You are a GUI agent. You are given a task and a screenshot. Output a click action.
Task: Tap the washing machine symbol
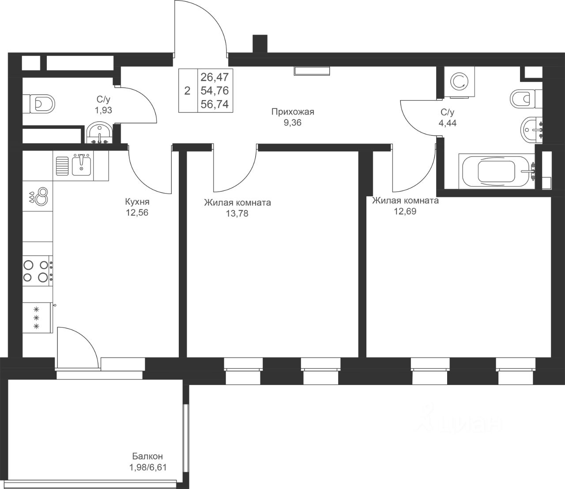click(460, 82)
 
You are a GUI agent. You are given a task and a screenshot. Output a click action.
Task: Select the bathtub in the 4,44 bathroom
click(497, 171)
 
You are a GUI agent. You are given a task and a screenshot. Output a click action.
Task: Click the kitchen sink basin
click(81, 165)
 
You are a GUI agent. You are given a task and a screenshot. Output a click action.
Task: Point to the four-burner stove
click(38, 271)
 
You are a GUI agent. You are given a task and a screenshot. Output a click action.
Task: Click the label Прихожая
click(293, 112)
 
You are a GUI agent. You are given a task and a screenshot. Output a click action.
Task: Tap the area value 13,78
click(237, 213)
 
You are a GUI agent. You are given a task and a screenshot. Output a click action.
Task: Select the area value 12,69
click(405, 211)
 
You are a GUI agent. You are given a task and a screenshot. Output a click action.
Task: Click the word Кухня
click(137, 202)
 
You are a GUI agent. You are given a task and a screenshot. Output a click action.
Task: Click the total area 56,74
click(215, 104)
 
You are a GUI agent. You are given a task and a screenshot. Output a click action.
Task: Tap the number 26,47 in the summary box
click(215, 77)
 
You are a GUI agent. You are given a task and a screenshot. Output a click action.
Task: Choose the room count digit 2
click(187, 91)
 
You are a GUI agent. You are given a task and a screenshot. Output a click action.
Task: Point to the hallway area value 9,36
click(293, 123)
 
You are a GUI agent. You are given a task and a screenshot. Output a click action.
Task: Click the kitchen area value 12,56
click(137, 212)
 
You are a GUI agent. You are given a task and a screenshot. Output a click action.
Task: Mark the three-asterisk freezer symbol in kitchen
click(36, 318)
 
